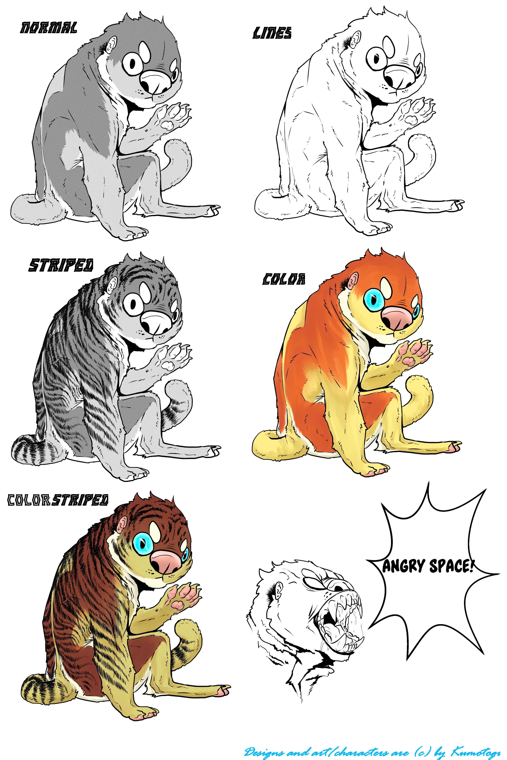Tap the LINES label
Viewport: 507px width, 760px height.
(272, 33)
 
